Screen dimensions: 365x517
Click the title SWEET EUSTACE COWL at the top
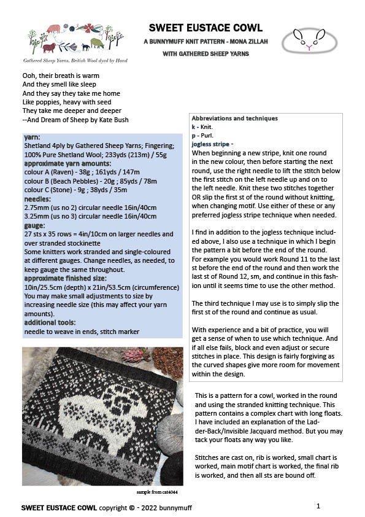[x=206, y=28]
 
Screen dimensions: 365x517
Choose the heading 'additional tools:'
[x=50, y=322]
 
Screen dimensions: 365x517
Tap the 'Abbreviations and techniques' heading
[x=234, y=118]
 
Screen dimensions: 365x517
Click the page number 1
[x=319, y=506]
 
